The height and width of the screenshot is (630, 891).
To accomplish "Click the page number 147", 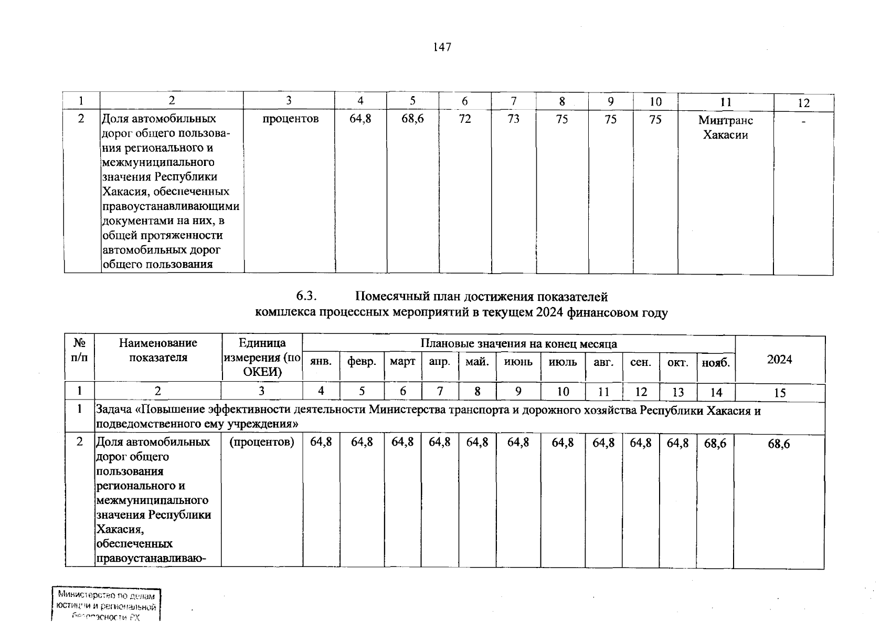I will click(442, 48).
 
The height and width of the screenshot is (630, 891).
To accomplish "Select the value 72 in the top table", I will click(464, 119).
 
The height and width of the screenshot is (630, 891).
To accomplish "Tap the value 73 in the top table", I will click(513, 119).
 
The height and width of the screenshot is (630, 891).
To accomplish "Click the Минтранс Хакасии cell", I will click(725, 128).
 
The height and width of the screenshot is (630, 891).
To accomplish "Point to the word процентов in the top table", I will click(290, 119).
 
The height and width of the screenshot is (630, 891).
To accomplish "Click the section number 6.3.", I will click(306, 297).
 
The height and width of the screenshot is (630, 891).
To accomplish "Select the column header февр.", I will click(362, 362).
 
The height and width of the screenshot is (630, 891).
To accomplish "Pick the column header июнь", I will click(518, 362).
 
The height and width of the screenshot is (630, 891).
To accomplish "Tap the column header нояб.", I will click(716, 362).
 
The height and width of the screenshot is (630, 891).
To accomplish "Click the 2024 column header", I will click(779, 360).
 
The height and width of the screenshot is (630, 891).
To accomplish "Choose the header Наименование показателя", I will click(158, 350).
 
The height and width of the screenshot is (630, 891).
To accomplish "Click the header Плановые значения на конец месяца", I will click(518, 344).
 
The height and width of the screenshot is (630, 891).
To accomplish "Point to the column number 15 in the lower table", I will click(780, 393).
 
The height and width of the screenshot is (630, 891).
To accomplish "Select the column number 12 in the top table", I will click(803, 103).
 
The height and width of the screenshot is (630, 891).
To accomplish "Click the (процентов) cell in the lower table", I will click(261, 443).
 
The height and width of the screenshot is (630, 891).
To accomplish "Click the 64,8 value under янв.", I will click(321, 443).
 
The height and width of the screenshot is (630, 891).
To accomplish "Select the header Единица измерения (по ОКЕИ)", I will click(262, 358).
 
